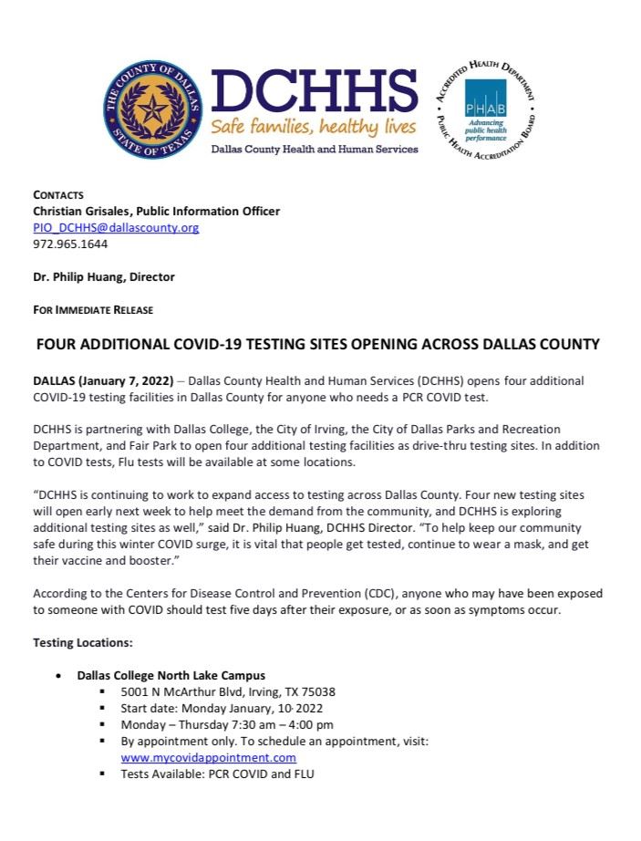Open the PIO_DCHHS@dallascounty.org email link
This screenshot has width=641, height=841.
pyautogui.click(x=116, y=227)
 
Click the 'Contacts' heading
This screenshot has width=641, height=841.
pyautogui.click(x=58, y=194)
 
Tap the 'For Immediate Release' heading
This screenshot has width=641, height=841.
pyautogui.click(x=93, y=310)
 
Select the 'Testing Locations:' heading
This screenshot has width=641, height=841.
pyautogui.click(x=83, y=642)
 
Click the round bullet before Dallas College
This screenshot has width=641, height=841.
pyautogui.click(x=58, y=676)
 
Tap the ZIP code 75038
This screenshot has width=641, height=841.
pyautogui.click(x=317, y=691)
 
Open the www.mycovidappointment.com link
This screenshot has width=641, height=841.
pyautogui.click(x=209, y=757)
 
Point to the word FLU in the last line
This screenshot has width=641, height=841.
pyautogui.click(x=300, y=774)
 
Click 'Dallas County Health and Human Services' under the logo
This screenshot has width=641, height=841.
pyautogui.click(x=315, y=149)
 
